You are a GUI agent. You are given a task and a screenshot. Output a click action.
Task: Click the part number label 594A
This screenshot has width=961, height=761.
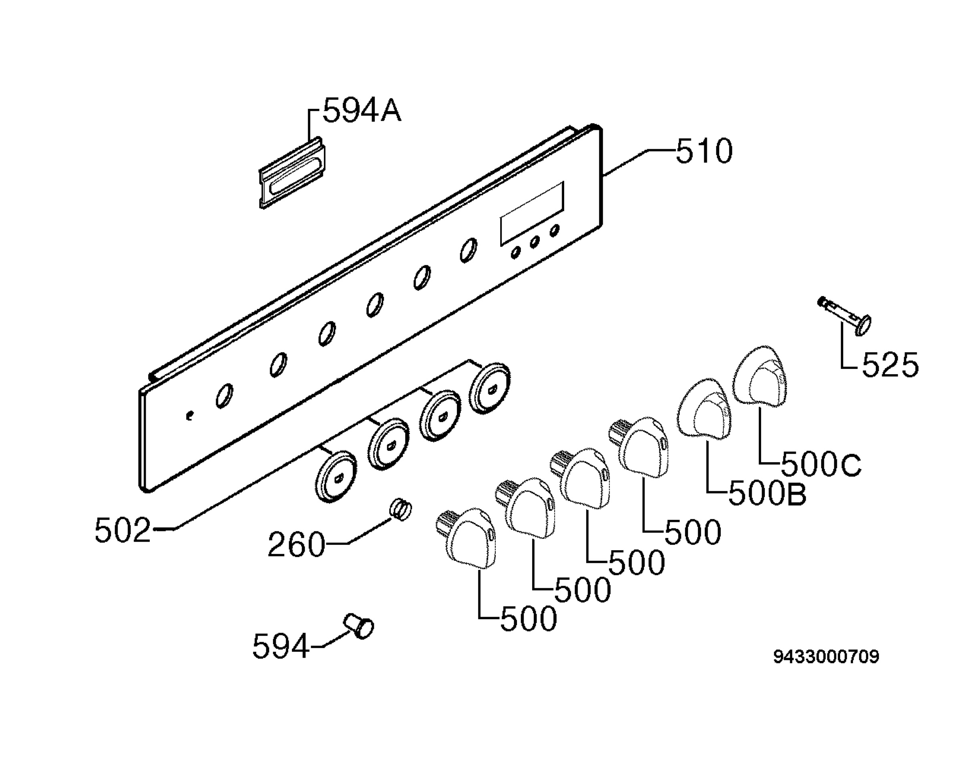pos(362,111)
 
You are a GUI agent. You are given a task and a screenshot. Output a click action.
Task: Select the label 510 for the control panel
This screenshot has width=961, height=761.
pos(704,151)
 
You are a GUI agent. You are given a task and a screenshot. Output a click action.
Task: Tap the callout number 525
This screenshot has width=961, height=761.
pos(890,365)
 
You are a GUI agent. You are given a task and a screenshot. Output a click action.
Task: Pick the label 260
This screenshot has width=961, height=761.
pos(297,544)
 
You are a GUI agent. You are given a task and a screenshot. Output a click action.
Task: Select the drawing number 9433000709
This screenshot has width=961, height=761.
pos(826,657)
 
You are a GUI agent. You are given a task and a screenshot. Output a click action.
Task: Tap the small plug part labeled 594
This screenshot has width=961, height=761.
pos(359,626)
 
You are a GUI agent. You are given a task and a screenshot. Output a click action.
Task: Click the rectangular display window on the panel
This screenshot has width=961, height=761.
pos(532,213)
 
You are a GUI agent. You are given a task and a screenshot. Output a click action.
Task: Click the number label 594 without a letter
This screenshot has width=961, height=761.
pos(281,646)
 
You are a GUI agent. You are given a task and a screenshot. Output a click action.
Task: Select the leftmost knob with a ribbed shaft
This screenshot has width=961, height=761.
pos(466,538)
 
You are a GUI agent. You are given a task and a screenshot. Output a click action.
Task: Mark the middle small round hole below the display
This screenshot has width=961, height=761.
pos(535,242)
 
